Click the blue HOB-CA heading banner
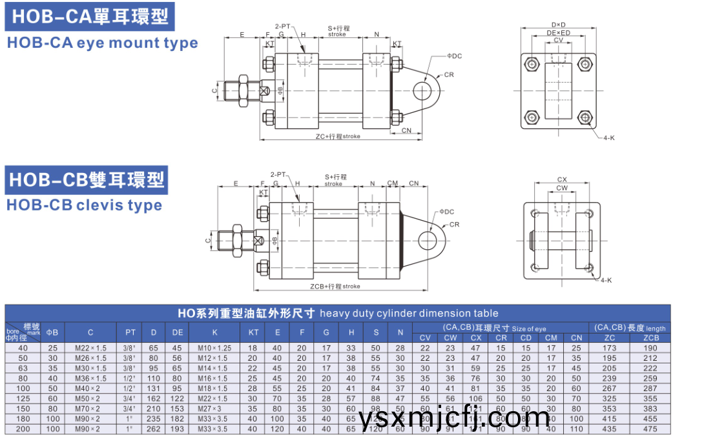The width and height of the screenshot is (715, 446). tap(90, 17)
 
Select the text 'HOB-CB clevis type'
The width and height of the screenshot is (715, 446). tap(84, 205)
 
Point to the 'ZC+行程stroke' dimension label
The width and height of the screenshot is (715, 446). tap(338, 136)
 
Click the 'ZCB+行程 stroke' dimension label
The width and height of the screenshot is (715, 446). tap(335, 286)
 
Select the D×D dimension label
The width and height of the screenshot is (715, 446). tap(558, 25)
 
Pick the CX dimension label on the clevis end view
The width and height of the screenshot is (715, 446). tap(562, 180)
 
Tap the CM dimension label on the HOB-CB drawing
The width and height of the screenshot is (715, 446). tap(393, 183)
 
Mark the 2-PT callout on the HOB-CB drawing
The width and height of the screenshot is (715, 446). tap(278, 175)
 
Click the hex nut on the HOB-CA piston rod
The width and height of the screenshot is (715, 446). tap(243, 90)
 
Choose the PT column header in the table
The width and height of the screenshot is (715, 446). tap(130, 332)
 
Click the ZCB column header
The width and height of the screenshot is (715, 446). tap(651, 338)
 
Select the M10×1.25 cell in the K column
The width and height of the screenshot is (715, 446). tap(214, 349)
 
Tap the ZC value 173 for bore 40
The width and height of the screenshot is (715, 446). tap(609, 349)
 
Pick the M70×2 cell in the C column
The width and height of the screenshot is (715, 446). tap(90, 409)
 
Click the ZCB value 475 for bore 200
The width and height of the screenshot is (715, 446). tap(651, 429)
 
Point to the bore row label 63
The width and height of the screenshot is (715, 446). tap(23, 369)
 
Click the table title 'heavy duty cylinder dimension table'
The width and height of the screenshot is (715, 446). tap(409, 313)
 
